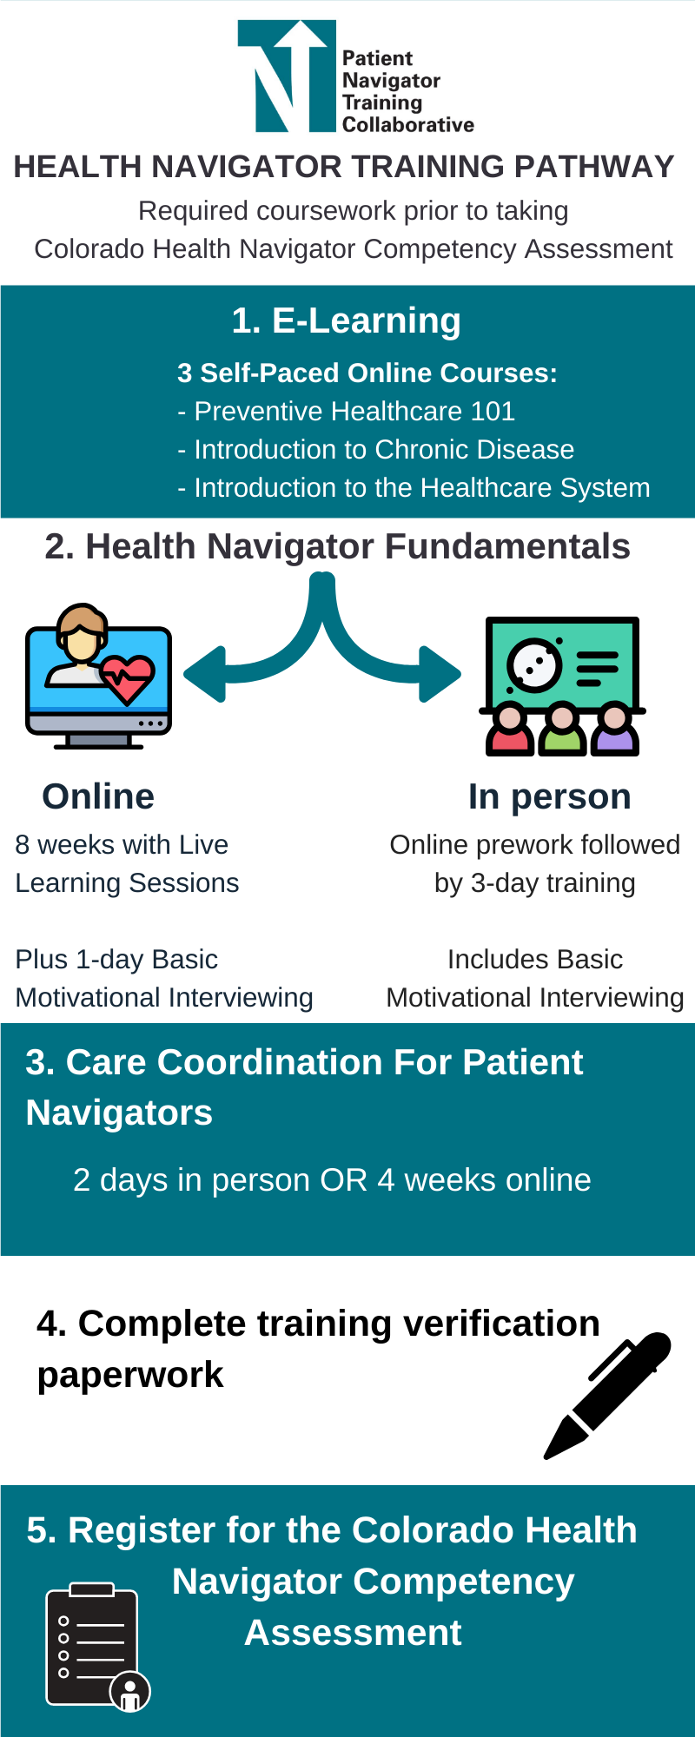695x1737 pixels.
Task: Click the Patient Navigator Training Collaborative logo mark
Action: (x=287, y=76)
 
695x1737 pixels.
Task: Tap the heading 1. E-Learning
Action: (x=346, y=321)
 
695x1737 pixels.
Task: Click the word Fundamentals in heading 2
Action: (x=507, y=547)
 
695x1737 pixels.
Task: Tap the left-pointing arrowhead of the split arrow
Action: (x=205, y=674)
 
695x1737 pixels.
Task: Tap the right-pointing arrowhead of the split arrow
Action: (x=440, y=674)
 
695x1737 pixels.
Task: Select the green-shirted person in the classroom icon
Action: (x=562, y=731)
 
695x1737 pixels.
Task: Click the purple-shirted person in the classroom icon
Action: (x=615, y=731)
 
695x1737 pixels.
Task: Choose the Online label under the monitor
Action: (x=98, y=797)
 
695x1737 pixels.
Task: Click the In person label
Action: (x=549, y=797)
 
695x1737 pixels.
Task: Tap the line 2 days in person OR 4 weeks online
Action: (x=332, y=1180)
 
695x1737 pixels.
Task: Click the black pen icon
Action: (x=607, y=1396)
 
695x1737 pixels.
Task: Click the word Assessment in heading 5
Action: (x=353, y=1634)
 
